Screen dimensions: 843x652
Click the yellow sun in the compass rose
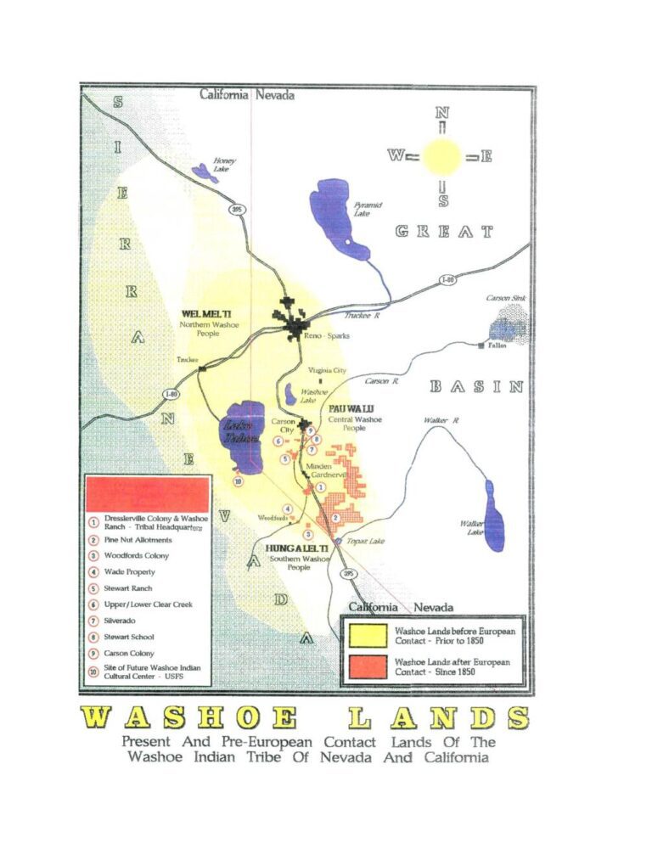click(x=441, y=156)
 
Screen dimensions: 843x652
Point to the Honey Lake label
click(x=224, y=165)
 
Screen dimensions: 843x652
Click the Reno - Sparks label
click(x=326, y=336)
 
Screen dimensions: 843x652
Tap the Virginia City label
click(x=326, y=371)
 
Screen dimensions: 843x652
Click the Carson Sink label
click(x=506, y=299)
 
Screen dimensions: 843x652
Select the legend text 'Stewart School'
click(x=128, y=637)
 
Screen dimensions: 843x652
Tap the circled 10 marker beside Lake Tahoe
click(x=239, y=481)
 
